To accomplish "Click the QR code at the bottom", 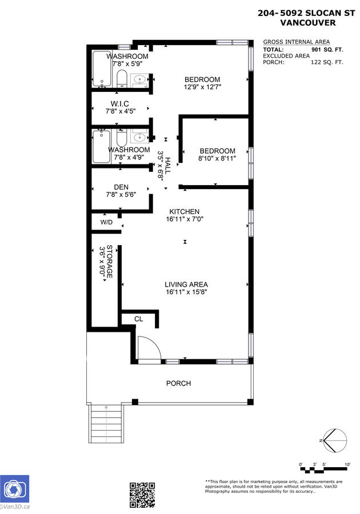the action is click(x=142, y=495).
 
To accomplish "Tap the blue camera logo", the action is click(x=14, y=489).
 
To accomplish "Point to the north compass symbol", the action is click(x=334, y=440).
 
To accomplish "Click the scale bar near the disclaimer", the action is click(x=323, y=469).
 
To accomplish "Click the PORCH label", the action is click(x=178, y=383).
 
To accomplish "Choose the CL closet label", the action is click(x=139, y=319).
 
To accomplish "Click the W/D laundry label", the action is click(x=106, y=222).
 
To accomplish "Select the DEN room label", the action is click(x=121, y=187).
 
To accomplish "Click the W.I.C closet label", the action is click(x=119, y=104).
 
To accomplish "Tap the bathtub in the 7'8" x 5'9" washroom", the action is click(x=102, y=69).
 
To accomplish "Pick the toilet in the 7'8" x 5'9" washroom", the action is click(x=122, y=78).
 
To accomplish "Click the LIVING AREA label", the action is click(x=186, y=284).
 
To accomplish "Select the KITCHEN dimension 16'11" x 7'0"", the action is click(x=185, y=219).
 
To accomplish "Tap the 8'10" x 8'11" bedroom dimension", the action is click(x=217, y=158).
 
